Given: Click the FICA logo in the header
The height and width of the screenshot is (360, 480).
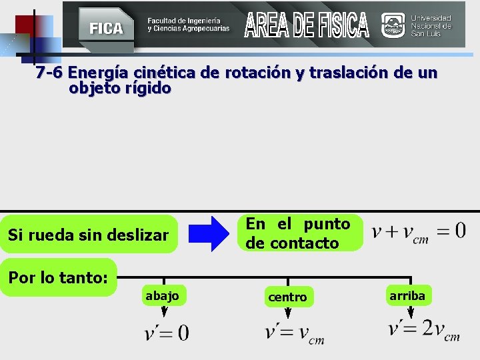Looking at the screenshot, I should click(x=106, y=27).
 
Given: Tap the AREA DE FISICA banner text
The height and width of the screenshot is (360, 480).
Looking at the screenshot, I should click(x=306, y=25).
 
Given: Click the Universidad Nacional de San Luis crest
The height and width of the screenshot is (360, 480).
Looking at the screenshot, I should click(x=393, y=25).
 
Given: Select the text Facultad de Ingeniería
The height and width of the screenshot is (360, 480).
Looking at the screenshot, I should click(x=188, y=21).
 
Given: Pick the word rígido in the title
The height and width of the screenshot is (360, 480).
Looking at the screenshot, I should click(x=147, y=87).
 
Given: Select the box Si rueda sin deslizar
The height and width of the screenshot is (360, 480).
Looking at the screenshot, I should click(x=89, y=234).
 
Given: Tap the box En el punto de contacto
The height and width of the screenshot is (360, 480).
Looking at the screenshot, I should click(x=298, y=233).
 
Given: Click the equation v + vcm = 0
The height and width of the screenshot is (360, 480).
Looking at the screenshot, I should click(x=419, y=232).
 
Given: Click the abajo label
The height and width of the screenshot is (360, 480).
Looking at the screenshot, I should click(x=162, y=295).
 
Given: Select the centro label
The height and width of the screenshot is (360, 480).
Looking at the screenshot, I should click(x=287, y=297).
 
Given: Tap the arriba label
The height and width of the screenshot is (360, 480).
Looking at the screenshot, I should click(x=407, y=295).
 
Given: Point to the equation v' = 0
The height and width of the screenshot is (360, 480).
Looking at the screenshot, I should click(x=166, y=332).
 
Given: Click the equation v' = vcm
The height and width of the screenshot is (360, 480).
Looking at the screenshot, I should click(x=294, y=332).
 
